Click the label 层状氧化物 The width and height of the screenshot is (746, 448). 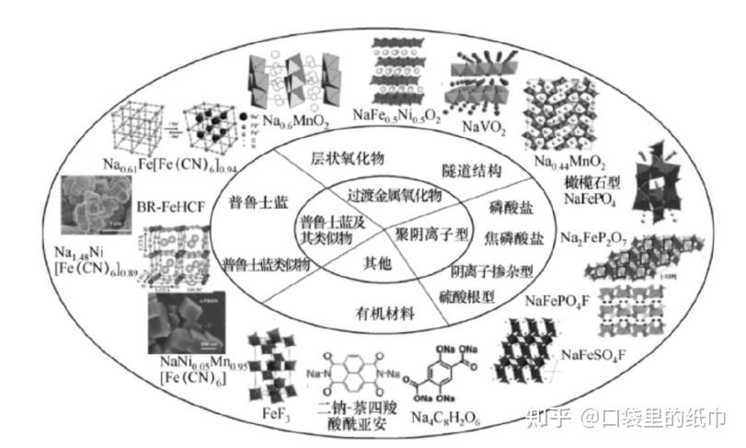coord(345,158)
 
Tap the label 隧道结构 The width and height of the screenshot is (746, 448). coord(470,170)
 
